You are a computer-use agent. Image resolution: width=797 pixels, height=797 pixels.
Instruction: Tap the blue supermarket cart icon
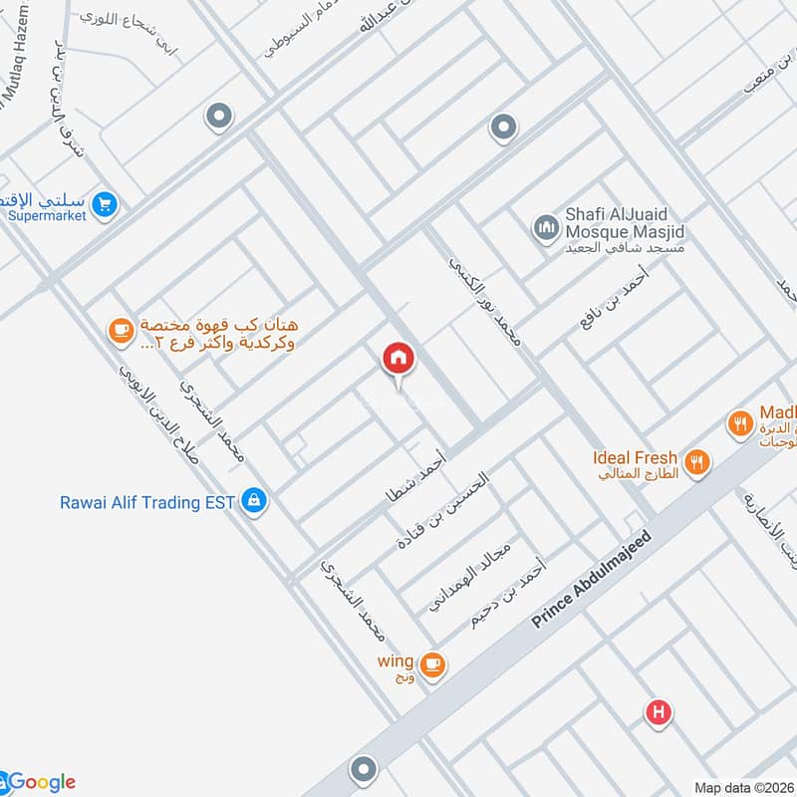pos(104,206)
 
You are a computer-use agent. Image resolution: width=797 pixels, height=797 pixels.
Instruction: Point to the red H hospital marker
pos(657,712)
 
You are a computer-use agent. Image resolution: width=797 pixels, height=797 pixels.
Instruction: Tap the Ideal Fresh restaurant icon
pos(698,462)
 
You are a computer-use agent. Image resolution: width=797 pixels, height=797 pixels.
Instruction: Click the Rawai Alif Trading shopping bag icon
pos(254,501)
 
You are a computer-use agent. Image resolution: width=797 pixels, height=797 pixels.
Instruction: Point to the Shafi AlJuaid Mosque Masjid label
pos(626,222)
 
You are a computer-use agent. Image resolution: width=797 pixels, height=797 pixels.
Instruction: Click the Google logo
pos(40,782)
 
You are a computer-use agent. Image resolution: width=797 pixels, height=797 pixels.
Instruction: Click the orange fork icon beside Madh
pos(738,422)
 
